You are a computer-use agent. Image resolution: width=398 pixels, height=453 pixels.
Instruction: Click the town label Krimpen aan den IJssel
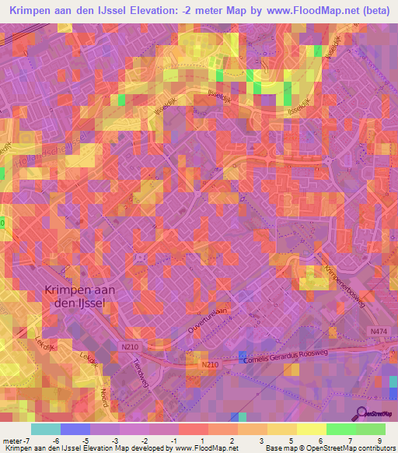[x=73, y=297]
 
